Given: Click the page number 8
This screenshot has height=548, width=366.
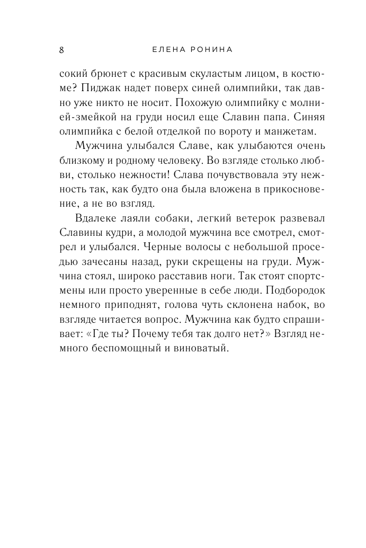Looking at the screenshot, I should click(62, 50).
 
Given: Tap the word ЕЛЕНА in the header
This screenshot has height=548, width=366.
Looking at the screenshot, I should click(163, 50).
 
